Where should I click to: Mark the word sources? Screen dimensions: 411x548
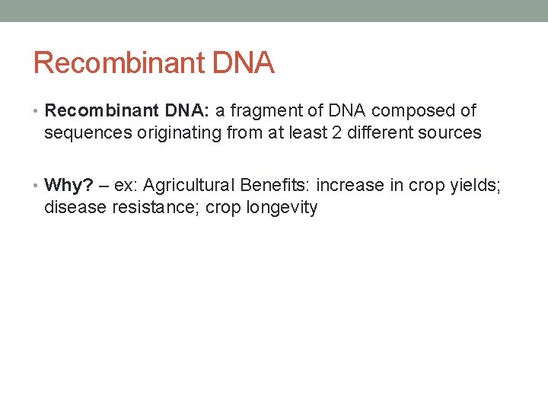point(449,133)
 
